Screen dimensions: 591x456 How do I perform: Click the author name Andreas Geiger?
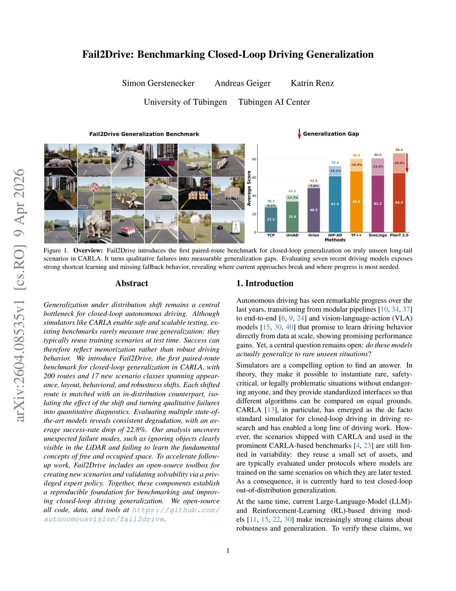pos(242,83)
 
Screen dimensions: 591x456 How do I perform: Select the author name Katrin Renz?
pos(312,83)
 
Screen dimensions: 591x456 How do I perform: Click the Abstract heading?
pos(131,283)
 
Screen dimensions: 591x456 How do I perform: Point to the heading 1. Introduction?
pos(265,283)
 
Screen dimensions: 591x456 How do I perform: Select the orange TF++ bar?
pos(356,201)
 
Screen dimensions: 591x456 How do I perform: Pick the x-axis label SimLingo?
pos(378,235)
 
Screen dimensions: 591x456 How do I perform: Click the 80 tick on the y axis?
pos(254,159)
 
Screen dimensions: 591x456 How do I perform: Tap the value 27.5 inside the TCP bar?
pos(271,219)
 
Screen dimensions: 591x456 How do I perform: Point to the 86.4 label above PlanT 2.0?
pos(399,150)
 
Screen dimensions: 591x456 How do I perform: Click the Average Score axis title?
pos(249,188)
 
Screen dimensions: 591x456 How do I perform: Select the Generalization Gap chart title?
pos(331,134)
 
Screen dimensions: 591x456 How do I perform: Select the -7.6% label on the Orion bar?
pos(313,186)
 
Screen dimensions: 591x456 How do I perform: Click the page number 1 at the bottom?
pos(228,550)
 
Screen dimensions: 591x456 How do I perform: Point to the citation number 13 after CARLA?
pos(270,410)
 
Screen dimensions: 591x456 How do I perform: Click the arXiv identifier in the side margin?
pos(20,294)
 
